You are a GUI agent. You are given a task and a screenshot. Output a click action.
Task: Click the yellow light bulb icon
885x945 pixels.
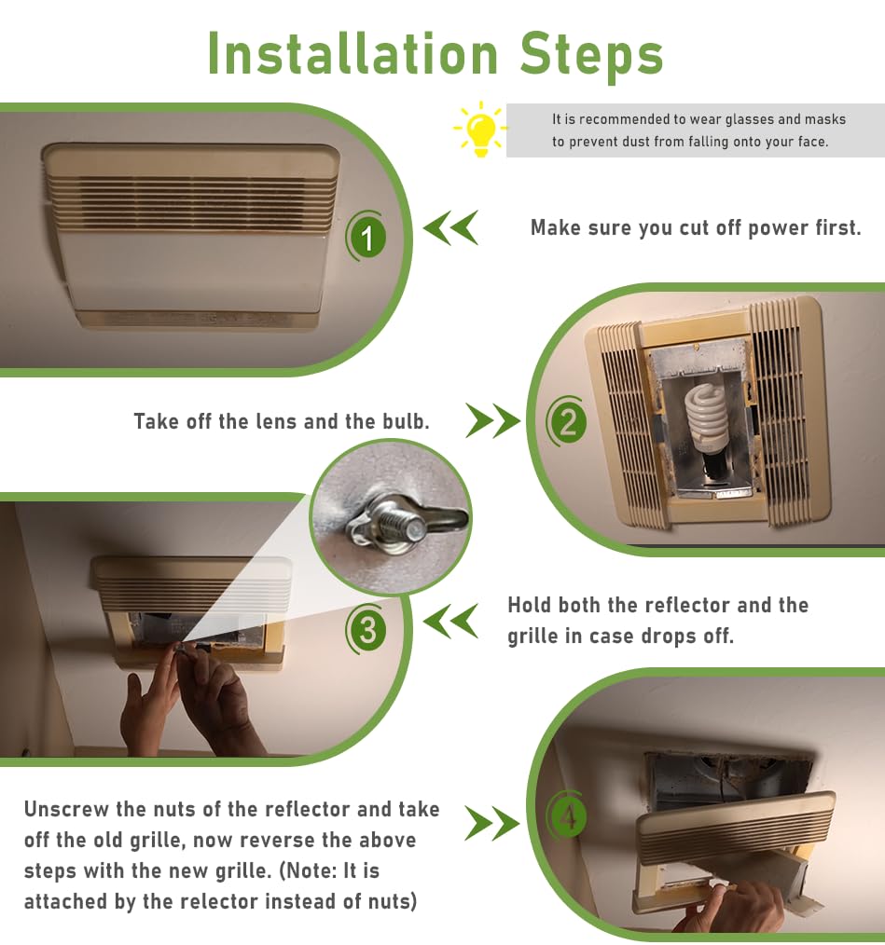(x=481, y=130)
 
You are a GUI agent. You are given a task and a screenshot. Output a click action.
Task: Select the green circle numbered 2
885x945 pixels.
(x=567, y=421)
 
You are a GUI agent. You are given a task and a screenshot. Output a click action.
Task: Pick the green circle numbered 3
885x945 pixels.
(x=366, y=629)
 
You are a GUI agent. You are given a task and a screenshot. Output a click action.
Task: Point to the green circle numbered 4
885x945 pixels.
(x=567, y=817)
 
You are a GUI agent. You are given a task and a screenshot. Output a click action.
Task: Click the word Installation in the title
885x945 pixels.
(x=353, y=54)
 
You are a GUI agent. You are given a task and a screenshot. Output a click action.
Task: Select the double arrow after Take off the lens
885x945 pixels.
(x=492, y=420)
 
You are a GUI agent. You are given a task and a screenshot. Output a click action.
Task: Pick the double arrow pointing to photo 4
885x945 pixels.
(x=491, y=823)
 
